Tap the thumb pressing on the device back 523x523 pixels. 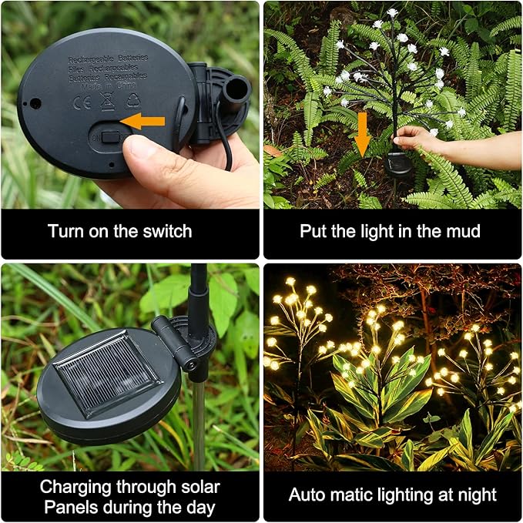coord(146,158)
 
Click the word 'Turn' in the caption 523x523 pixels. coord(64,231)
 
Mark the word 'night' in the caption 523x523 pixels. coord(475,495)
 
